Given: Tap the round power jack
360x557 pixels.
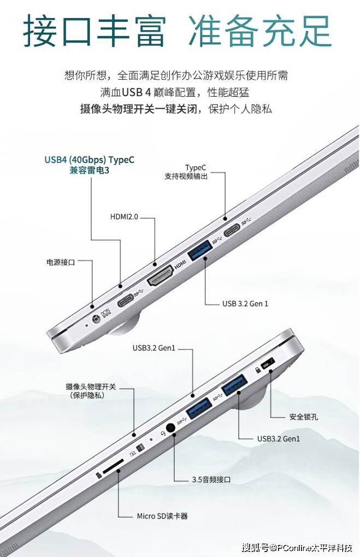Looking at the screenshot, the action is point(96,319).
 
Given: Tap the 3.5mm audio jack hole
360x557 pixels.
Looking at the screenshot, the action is point(171,427).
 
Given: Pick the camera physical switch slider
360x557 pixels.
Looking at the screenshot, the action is point(140,447).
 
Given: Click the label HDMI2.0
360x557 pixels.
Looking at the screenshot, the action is point(124,216).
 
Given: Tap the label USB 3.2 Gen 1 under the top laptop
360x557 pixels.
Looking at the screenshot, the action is point(245,304).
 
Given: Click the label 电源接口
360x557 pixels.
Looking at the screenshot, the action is point(61,262).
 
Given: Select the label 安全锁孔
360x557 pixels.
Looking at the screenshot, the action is point(303,417).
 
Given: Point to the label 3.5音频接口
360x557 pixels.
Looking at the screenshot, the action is point(211,479).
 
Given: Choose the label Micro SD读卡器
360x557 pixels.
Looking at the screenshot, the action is point(162,516).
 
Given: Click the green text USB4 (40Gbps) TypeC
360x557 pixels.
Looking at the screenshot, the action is point(90,160).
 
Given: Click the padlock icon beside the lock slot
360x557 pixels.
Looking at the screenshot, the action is point(258,370).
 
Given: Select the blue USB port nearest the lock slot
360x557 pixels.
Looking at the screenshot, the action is point(234,385).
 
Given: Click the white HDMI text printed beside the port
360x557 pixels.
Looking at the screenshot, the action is point(180,265).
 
